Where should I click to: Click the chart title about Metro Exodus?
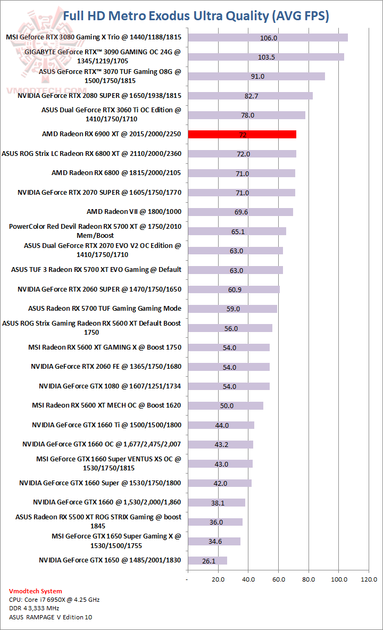click(196, 16)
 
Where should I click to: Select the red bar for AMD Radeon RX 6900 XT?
click(242, 135)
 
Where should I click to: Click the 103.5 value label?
click(266, 57)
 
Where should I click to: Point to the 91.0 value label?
click(257, 77)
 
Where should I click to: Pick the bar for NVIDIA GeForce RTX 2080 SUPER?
click(250, 96)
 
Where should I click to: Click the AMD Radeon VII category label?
click(134, 212)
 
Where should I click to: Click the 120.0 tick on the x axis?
click(369, 579)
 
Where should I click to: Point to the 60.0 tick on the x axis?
click(278, 579)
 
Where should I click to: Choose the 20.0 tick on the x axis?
click(218, 579)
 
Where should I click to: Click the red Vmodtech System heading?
click(36, 591)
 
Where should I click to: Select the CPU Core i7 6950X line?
click(54, 600)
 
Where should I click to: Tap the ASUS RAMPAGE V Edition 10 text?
click(51, 617)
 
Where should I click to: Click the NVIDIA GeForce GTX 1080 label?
click(110, 386)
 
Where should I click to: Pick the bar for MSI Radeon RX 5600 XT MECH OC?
click(226, 405)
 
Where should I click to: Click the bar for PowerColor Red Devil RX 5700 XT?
click(237, 231)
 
